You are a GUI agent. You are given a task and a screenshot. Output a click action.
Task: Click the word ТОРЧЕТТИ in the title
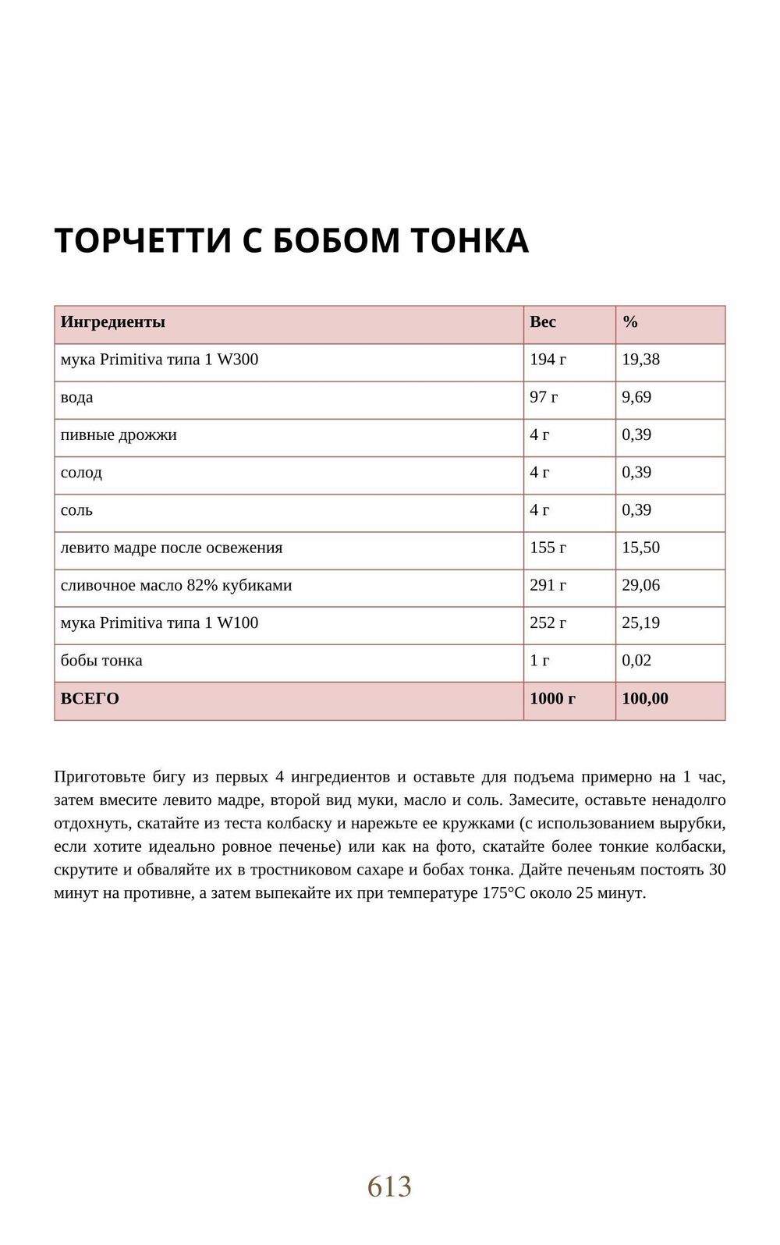pos(144,240)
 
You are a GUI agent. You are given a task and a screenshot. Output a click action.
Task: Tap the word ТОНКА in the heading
pos(470,240)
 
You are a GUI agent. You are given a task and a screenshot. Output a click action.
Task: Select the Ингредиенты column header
pos(113,322)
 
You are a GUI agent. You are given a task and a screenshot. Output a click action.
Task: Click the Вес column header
pos(543,322)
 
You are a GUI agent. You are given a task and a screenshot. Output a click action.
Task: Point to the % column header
pos(630,322)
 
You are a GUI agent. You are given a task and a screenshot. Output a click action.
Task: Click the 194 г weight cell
pos(548,360)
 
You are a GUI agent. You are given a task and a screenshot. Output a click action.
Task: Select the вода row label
pos(76,397)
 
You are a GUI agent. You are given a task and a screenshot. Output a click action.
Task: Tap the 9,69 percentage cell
pos(636,397)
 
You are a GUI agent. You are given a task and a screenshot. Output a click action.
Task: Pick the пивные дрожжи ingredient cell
pos(119,435)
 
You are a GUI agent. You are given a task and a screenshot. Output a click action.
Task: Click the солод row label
pos(81,472)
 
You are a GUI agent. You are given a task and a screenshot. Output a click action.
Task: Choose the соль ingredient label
pos(76,510)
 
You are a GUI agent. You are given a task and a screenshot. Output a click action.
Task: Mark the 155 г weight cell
pos(548,548)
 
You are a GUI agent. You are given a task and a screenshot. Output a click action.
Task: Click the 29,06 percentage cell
pos(640,585)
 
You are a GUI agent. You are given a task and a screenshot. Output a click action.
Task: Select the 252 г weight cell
pos(548,622)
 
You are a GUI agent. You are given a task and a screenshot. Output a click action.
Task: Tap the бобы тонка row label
pos(101,661)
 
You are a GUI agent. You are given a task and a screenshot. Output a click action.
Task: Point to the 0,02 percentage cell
pos(636,661)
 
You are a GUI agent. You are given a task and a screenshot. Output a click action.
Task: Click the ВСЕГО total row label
pos(90,698)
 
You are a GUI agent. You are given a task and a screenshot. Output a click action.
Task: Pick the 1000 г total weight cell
pos(552,698)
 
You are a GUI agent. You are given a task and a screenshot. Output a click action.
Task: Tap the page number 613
pos(389,1186)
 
